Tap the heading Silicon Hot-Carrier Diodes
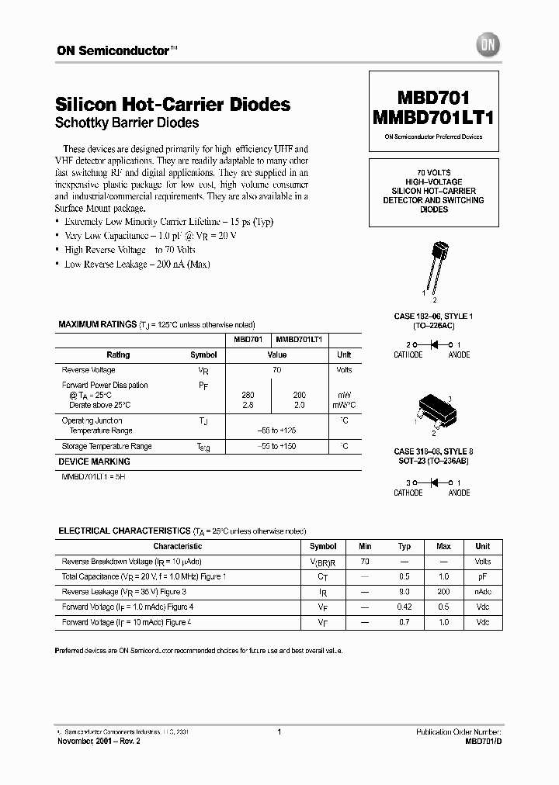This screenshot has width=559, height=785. pos(173,104)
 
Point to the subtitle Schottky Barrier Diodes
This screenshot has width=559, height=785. pos(127,123)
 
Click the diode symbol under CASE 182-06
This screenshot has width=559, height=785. pos(433,344)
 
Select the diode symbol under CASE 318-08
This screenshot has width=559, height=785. pos(433,482)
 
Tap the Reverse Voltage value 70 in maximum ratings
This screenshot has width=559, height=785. pos(276,371)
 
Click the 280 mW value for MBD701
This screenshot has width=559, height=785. pos(248,395)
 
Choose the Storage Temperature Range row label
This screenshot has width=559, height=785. pos(106,447)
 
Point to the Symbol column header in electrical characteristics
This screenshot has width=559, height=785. pos(323,546)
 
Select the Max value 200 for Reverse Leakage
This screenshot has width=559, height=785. pos(443,592)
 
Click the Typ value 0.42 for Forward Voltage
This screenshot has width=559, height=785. pos(404,607)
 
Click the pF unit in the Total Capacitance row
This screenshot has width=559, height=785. pos(483,576)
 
